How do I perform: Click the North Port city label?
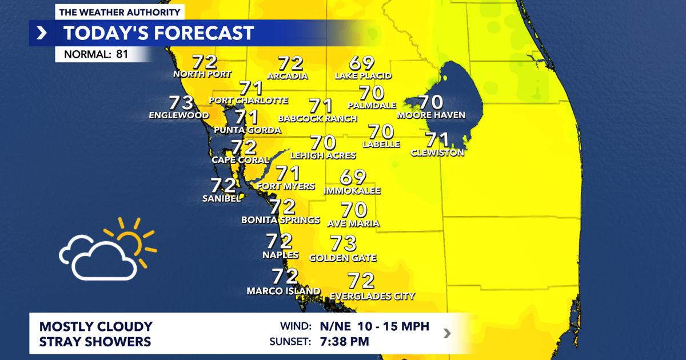coord(202,74)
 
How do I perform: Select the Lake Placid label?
coord(363,75)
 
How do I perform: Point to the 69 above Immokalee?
coord(353,178)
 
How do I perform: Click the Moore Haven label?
coord(431,115)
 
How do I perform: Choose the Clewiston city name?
coord(437,153)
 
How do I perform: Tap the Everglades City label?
coord(372,296)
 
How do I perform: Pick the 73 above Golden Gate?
coord(344,243)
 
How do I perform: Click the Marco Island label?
coord(284,291)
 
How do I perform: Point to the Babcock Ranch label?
coord(317,119)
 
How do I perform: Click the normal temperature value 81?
coord(122,54)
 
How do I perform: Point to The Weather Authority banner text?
coord(119,12)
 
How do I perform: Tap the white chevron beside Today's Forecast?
coord(42,33)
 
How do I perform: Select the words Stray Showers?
coord(95,342)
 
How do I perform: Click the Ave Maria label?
coord(353,223)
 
